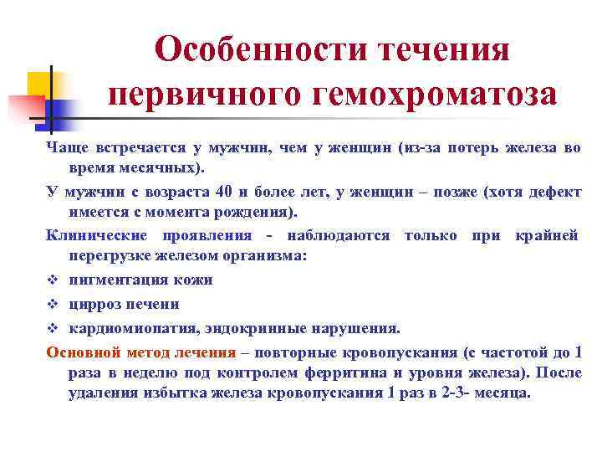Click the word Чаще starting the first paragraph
(x=65, y=148)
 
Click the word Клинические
(x=91, y=236)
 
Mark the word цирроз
(x=93, y=304)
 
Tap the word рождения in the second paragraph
(x=252, y=211)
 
